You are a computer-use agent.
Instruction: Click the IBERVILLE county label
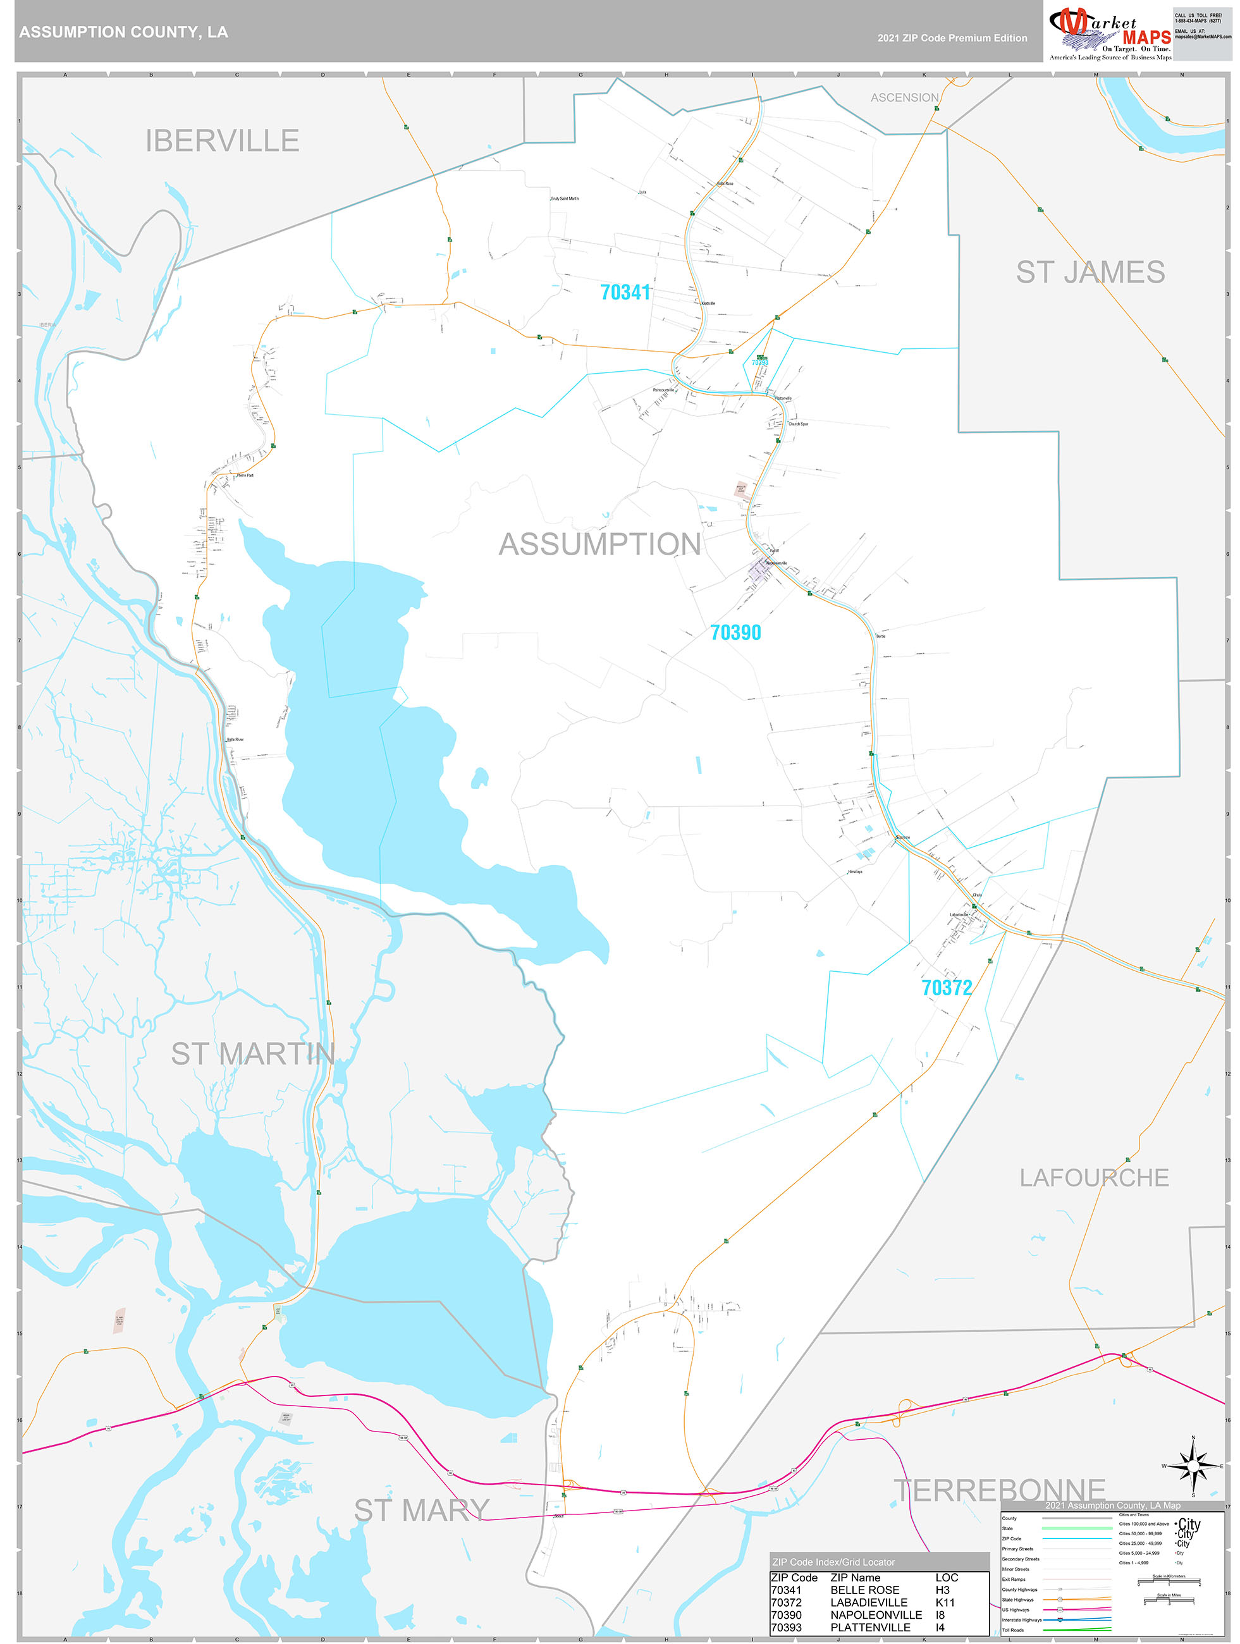click(223, 141)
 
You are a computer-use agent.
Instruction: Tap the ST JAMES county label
click(1090, 273)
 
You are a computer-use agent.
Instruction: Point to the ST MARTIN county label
click(253, 1054)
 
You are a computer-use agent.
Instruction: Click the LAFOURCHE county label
click(1093, 1178)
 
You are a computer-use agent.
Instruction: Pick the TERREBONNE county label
click(999, 1491)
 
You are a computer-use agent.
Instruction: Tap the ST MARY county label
click(422, 1510)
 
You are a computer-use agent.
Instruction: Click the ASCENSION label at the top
click(904, 98)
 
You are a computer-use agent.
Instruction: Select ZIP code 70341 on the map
click(625, 293)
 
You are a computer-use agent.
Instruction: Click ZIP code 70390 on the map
click(735, 632)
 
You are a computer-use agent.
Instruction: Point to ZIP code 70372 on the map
click(947, 988)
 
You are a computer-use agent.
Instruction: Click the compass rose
click(1193, 1466)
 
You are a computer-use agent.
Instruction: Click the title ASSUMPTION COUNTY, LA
click(123, 32)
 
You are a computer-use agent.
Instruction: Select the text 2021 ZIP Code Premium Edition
click(952, 38)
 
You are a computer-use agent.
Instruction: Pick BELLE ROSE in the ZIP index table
click(864, 1590)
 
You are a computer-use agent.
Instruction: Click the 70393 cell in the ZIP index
click(787, 1627)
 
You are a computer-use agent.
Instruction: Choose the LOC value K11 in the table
click(945, 1602)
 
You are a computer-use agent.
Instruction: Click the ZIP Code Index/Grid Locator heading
click(833, 1562)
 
